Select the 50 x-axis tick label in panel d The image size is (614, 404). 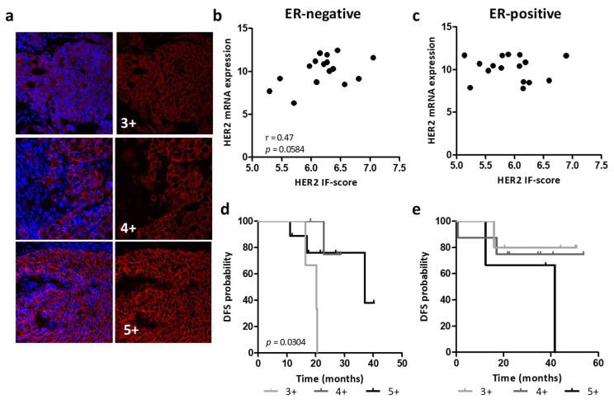click(x=402, y=362)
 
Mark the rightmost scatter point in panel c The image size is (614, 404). click(x=566, y=56)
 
